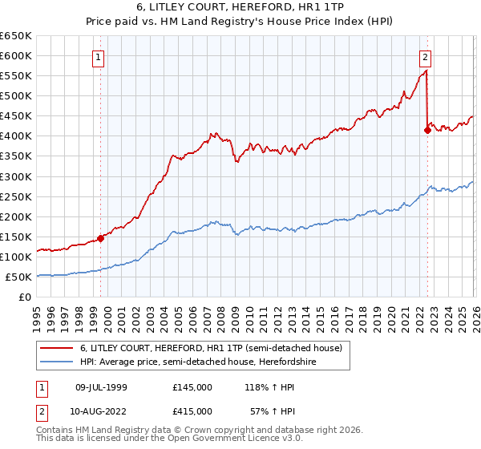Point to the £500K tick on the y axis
pos(18,96)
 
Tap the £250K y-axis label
pos(18,196)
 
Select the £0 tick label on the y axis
pos(26,297)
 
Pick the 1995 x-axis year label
pos(37,313)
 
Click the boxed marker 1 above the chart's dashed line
pos(98,57)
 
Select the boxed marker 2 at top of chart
pos(424,57)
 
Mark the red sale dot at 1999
pos(101,238)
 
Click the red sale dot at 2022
pos(427,130)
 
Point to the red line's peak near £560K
pos(426,71)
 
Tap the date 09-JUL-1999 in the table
pos(102,386)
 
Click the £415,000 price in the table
pos(192,411)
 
